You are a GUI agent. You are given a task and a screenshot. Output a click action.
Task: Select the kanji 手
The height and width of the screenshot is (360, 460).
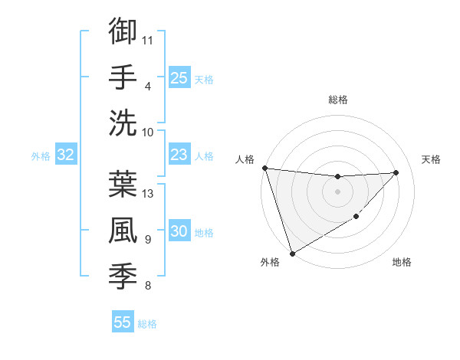[123, 77]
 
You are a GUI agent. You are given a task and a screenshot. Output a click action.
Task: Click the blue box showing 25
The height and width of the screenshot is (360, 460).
[179, 77]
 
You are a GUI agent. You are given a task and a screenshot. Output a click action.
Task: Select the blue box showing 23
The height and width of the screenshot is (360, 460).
[179, 155]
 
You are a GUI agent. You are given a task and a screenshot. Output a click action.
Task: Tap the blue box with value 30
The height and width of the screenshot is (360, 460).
[179, 231]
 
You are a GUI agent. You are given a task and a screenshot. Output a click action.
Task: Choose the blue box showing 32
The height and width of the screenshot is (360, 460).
[65, 155]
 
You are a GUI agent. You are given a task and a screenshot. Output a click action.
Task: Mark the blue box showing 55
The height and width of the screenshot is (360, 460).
[123, 322]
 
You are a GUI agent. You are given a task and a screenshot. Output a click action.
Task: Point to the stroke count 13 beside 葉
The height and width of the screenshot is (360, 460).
[149, 193]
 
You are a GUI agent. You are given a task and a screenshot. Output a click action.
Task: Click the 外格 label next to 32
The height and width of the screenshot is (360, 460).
[41, 156]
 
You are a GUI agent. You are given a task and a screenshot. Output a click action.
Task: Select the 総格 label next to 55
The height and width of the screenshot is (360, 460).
[147, 323]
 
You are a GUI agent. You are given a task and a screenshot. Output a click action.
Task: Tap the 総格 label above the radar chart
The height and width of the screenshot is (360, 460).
[337, 100]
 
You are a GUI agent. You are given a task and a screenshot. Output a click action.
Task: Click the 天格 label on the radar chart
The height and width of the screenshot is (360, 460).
[431, 159]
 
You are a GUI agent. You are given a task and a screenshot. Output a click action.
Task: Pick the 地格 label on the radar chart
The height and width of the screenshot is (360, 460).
[402, 262]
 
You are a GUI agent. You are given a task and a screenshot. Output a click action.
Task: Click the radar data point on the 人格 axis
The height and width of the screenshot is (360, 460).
[264, 168]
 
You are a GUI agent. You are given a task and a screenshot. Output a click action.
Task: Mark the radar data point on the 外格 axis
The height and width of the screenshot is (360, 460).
[292, 253]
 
